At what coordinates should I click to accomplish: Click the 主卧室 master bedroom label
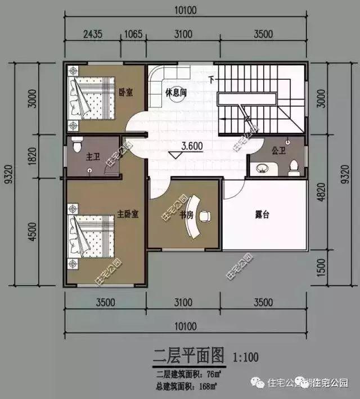tap(129, 214)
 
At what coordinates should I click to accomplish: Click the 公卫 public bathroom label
tap(279, 151)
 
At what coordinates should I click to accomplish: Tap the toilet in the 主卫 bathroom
tap(76, 147)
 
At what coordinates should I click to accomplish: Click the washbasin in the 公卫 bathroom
tap(262, 167)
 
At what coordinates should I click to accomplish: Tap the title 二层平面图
tap(189, 356)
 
